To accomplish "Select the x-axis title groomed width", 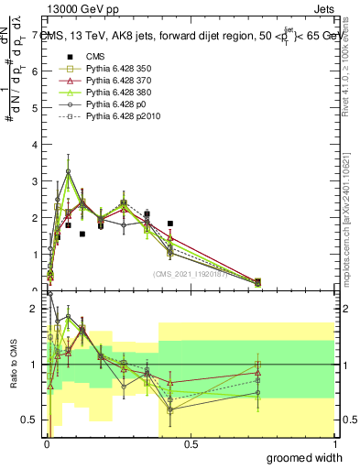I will tap(304, 457).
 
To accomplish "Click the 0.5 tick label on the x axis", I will tap(191, 444).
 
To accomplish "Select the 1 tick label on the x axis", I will tap(333, 444).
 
